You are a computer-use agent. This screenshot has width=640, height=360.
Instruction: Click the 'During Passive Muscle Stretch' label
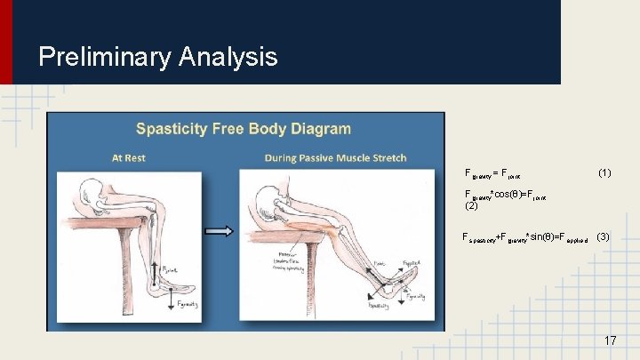point(335,158)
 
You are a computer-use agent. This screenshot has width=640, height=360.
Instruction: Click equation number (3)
point(603,236)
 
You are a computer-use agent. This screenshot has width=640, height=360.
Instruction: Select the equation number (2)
point(472,205)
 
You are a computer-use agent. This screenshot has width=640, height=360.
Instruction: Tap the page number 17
point(610,340)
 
